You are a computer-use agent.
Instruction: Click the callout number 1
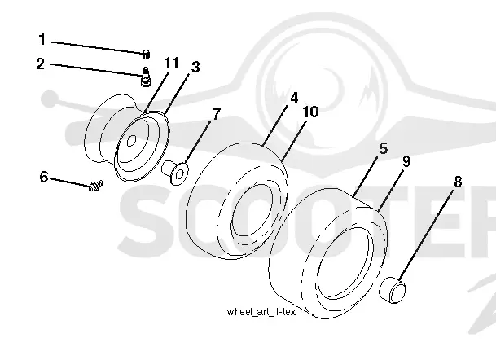(x=42, y=40)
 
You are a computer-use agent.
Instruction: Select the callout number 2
(x=41, y=64)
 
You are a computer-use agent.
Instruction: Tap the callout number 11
(x=172, y=63)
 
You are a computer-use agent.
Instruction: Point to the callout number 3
(x=195, y=67)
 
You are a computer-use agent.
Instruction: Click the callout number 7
(x=216, y=114)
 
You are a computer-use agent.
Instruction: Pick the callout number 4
(x=294, y=98)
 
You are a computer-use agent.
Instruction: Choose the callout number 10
(x=310, y=112)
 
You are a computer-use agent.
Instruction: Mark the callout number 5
(x=383, y=148)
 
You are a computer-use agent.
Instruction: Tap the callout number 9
(x=406, y=161)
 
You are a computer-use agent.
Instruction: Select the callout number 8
(x=458, y=182)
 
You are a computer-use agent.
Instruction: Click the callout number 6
(x=44, y=177)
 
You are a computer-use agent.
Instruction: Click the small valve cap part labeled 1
(x=146, y=55)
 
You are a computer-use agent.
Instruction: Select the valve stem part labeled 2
(x=145, y=77)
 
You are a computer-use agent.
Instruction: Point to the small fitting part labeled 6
(x=95, y=186)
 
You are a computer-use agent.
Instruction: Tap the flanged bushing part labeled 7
(x=175, y=172)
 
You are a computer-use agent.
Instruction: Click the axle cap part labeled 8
(x=393, y=289)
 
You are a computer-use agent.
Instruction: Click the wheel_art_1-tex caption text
(x=261, y=312)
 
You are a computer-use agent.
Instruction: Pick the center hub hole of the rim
(x=132, y=140)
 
